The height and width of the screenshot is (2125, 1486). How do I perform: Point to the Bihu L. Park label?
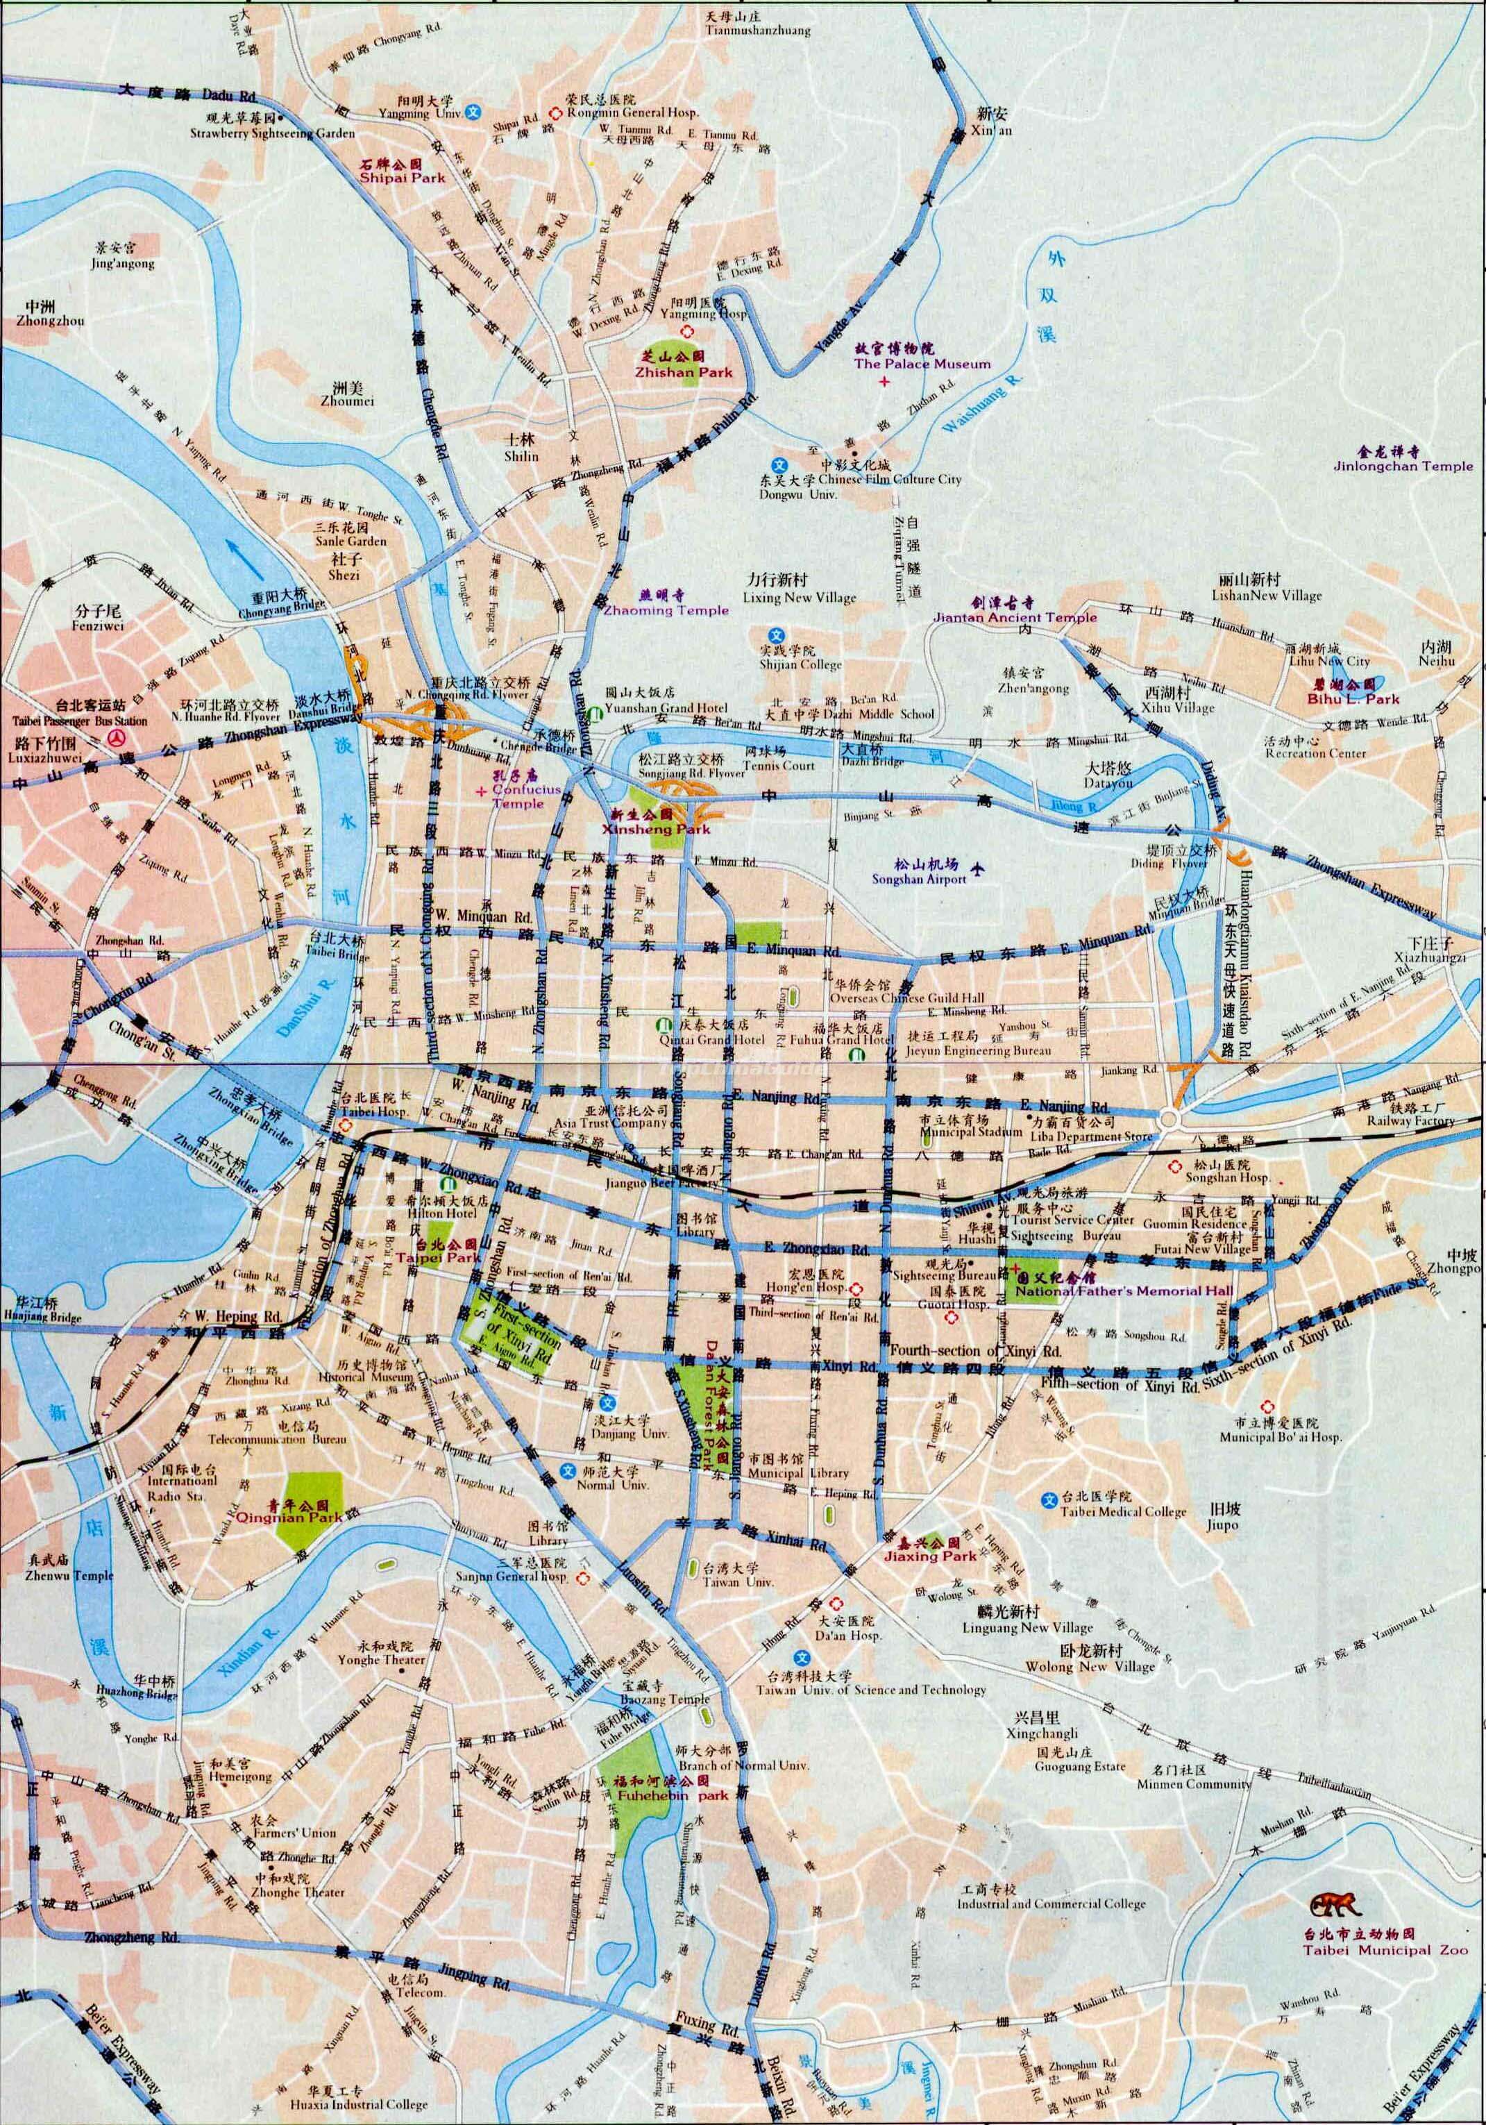pyautogui.click(x=1356, y=700)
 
